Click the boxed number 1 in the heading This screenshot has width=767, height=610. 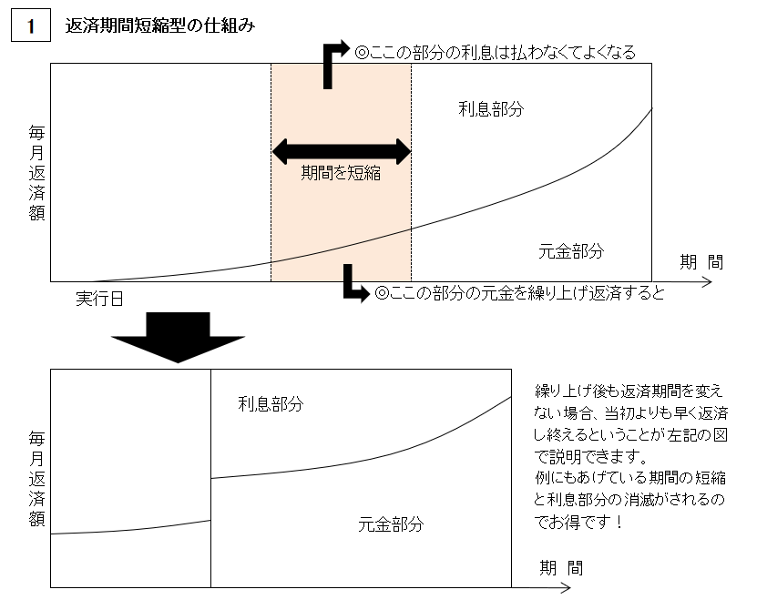(x=31, y=25)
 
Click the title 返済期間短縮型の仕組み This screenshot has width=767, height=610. (x=160, y=25)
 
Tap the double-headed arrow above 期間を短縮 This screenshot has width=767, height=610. (x=342, y=151)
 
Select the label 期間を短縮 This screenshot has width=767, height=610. (x=341, y=173)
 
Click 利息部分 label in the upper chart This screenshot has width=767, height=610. (x=491, y=108)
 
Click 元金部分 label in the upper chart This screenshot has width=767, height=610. (x=571, y=251)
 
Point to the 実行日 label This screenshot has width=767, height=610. (x=99, y=299)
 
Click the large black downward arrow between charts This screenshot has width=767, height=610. (x=178, y=337)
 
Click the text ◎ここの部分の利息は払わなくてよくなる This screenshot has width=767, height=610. (x=495, y=52)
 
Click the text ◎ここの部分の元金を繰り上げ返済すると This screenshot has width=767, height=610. (x=519, y=293)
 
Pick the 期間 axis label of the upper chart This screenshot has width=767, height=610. (x=701, y=262)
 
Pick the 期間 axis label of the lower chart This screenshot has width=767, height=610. (x=561, y=568)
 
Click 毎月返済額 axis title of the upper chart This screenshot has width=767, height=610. (x=36, y=173)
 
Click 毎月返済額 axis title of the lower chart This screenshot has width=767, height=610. (x=36, y=479)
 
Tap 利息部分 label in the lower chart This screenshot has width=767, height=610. (x=271, y=403)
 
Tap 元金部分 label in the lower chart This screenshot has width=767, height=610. (x=391, y=524)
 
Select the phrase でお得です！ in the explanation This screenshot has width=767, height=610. (x=578, y=522)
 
